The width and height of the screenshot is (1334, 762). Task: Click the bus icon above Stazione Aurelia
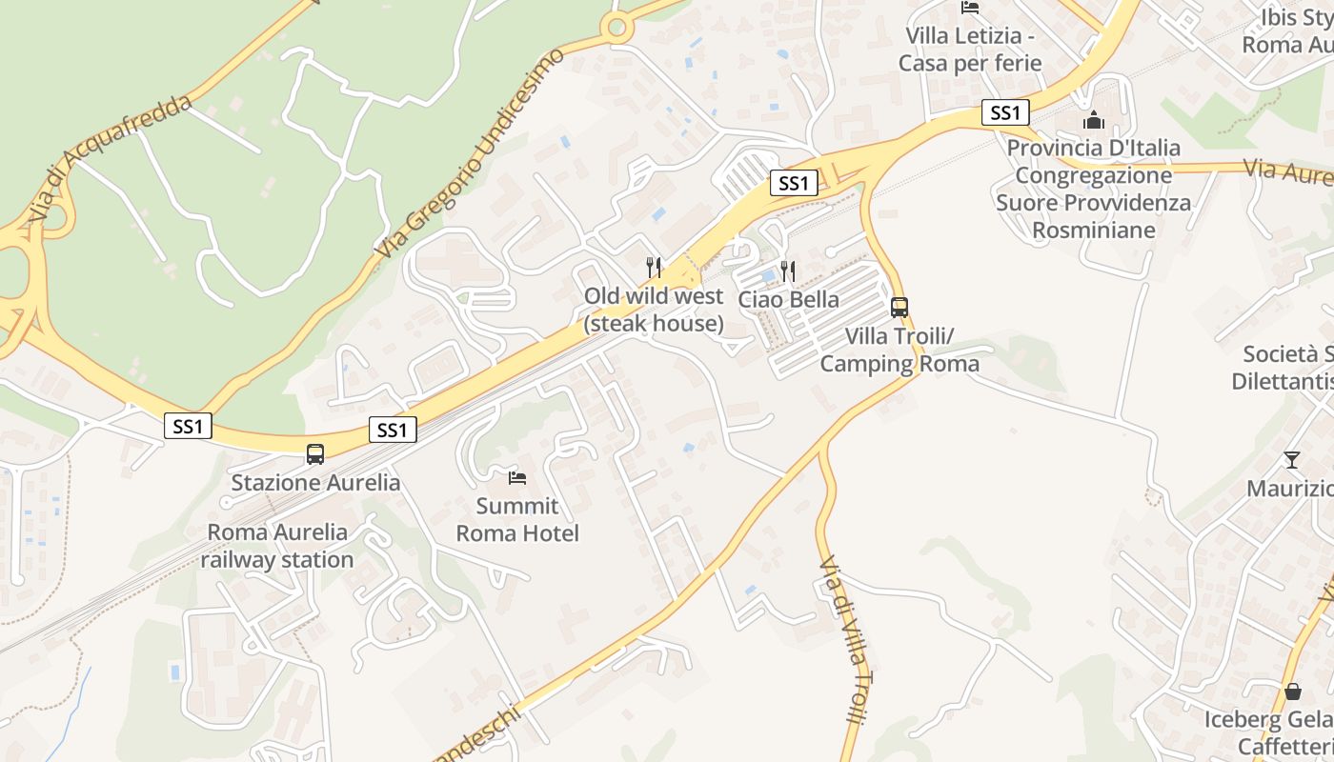click(x=315, y=454)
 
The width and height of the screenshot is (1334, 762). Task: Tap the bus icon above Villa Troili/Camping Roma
click(x=899, y=308)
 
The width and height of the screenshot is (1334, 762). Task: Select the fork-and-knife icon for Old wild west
click(x=654, y=267)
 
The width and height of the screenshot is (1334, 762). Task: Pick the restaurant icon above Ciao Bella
click(x=788, y=271)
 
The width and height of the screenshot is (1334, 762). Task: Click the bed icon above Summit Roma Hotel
click(x=517, y=477)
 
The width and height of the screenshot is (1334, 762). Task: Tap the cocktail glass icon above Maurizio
click(x=1292, y=460)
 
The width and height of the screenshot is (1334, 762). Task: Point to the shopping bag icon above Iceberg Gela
click(x=1293, y=691)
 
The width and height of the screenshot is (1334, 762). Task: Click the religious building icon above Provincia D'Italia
click(x=1094, y=120)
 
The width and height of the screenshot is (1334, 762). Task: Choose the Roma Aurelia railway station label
click(x=277, y=546)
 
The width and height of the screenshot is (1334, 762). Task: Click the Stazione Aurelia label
click(x=315, y=482)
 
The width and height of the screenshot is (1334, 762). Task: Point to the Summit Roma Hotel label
click(x=517, y=519)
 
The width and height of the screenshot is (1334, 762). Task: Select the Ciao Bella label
click(x=789, y=299)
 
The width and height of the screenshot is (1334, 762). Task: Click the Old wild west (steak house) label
click(x=654, y=310)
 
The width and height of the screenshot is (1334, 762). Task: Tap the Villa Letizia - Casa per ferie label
click(x=970, y=50)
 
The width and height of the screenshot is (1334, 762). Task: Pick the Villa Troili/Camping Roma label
click(x=899, y=350)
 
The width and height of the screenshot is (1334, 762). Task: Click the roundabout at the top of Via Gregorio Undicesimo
click(x=617, y=28)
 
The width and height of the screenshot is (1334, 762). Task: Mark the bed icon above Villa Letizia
click(x=970, y=8)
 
